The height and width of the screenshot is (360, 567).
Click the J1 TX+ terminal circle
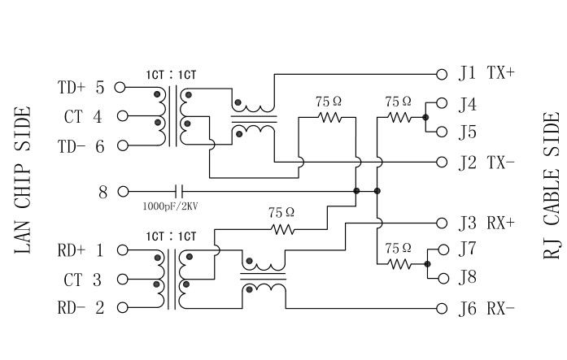[443, 73]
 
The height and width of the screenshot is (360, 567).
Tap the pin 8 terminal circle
[123, 192]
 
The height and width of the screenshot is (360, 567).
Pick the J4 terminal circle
[443, 103]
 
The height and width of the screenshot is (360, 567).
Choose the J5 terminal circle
[443, 132]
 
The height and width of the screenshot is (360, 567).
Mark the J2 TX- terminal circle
[443, 162]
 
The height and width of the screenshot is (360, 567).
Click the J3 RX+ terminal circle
[443, 221]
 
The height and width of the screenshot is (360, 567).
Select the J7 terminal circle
[443, 249]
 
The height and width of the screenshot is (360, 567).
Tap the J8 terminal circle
[443, 278]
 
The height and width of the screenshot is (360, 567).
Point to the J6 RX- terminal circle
[443, 308]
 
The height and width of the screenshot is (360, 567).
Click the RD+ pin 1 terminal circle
[123, 250]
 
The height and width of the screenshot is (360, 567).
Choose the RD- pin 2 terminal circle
[123, 308]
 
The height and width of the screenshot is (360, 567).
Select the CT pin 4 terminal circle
[123, 116]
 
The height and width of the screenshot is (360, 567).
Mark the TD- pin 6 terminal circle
[123, 146]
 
